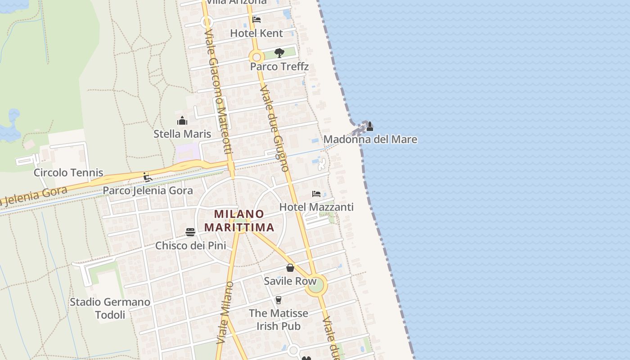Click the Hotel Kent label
tap(256, 33)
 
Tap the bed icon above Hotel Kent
tap(256, 19)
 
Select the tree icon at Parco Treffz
tap(279, 53)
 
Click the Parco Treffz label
tap(279, 67)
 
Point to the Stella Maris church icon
tap(182, 121)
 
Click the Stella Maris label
tap(182, 134)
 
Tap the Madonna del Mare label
tap(370, 139)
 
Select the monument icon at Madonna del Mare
tap(369, 126)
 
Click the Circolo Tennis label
tap(68, 173)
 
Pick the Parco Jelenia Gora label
tap(148, 190)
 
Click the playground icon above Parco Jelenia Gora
tap(147, 177)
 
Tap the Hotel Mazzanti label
tap(316, 207)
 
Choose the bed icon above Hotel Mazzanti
tap(316, 194)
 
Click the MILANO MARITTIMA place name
tap(239, 220)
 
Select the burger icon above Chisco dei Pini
tap(190, 232)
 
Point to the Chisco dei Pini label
tap(190, 246)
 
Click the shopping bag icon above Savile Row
tap(290, 268)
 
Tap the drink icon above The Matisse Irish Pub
tap(278, 300)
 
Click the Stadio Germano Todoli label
tap(110, 308)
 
